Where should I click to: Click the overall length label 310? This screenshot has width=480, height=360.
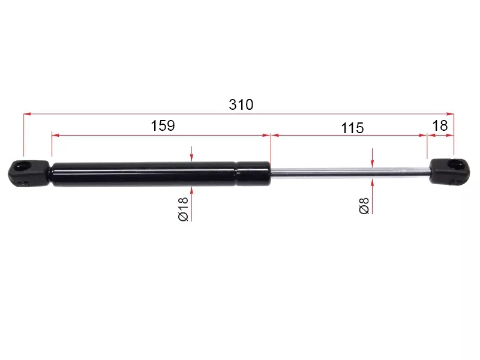point(241,104)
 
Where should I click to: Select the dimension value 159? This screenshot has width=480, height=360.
point(163,125)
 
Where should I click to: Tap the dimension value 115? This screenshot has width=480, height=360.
point(352,128)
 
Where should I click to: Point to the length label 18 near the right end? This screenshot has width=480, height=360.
point(440,125)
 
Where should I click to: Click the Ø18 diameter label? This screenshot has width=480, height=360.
point(183,209)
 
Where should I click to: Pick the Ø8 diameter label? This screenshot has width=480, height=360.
point(364,206)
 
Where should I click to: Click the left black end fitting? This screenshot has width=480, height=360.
point(29,173)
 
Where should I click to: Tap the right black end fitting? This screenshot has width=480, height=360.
point(449,172)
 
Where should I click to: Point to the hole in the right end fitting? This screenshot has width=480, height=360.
point(457,164)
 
